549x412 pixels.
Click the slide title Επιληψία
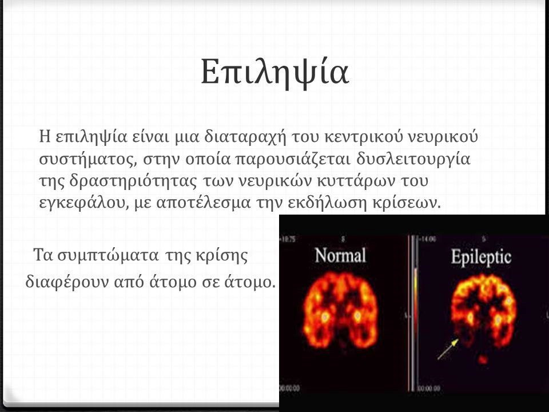coord(274,73)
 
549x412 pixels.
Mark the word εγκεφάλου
coord(78,204)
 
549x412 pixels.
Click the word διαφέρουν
coord(61,282)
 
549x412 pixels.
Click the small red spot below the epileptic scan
coord(484,359)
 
